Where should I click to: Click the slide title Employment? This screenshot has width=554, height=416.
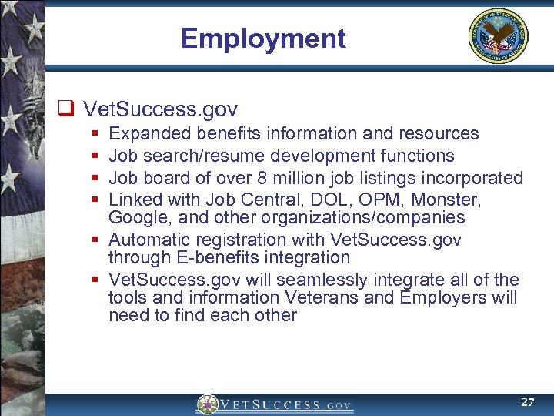tap(263, 38)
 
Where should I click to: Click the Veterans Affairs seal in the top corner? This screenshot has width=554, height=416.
tap(499, 36)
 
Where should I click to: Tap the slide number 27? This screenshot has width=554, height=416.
tap(527, 402)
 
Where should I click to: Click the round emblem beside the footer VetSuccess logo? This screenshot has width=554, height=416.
tap(207, 404)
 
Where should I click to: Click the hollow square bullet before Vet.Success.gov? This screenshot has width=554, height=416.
tap(66, 109)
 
